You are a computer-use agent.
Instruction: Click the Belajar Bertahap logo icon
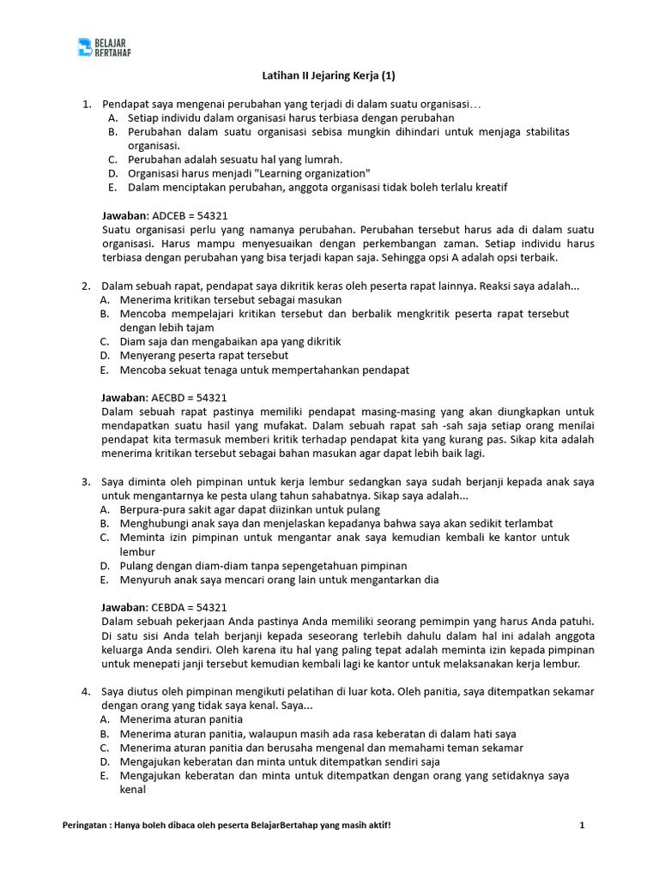(84, 46)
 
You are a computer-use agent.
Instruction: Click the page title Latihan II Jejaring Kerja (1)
(329, 75)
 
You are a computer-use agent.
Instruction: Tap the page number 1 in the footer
(582, 825)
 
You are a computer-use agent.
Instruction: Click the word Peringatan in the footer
(87, 825)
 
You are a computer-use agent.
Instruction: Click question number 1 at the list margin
(86, 104)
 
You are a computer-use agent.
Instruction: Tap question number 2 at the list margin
(86, 286)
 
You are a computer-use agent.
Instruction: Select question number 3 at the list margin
(86, 481)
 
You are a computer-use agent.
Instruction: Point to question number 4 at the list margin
(86, 691)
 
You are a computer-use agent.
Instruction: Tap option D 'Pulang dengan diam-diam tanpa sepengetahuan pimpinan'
(263, 565)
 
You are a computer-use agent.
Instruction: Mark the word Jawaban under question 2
(125, 398)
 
